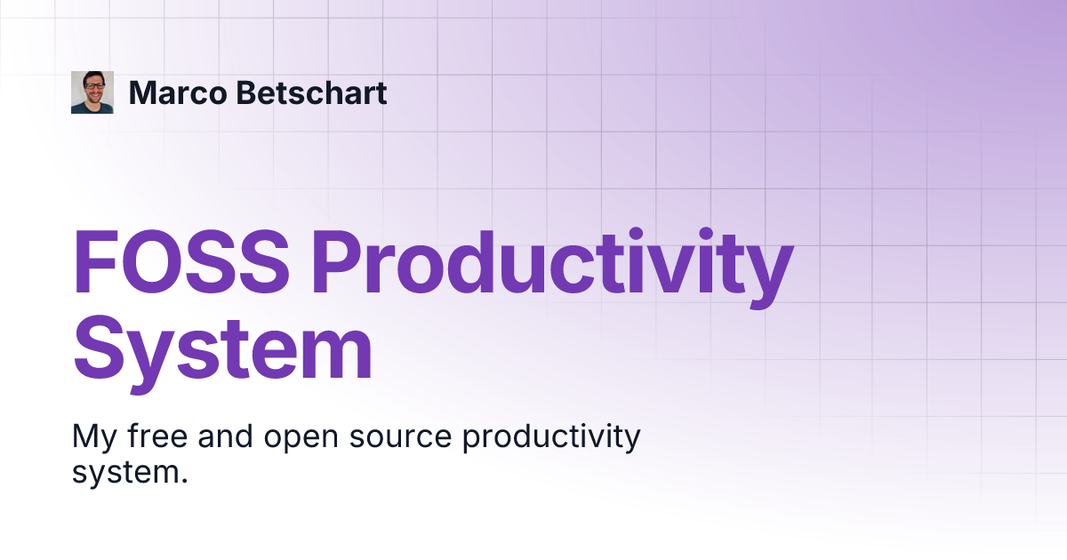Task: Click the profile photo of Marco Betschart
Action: point(92,92)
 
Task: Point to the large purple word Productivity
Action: point(551,265)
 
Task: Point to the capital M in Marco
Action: point(143,92)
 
